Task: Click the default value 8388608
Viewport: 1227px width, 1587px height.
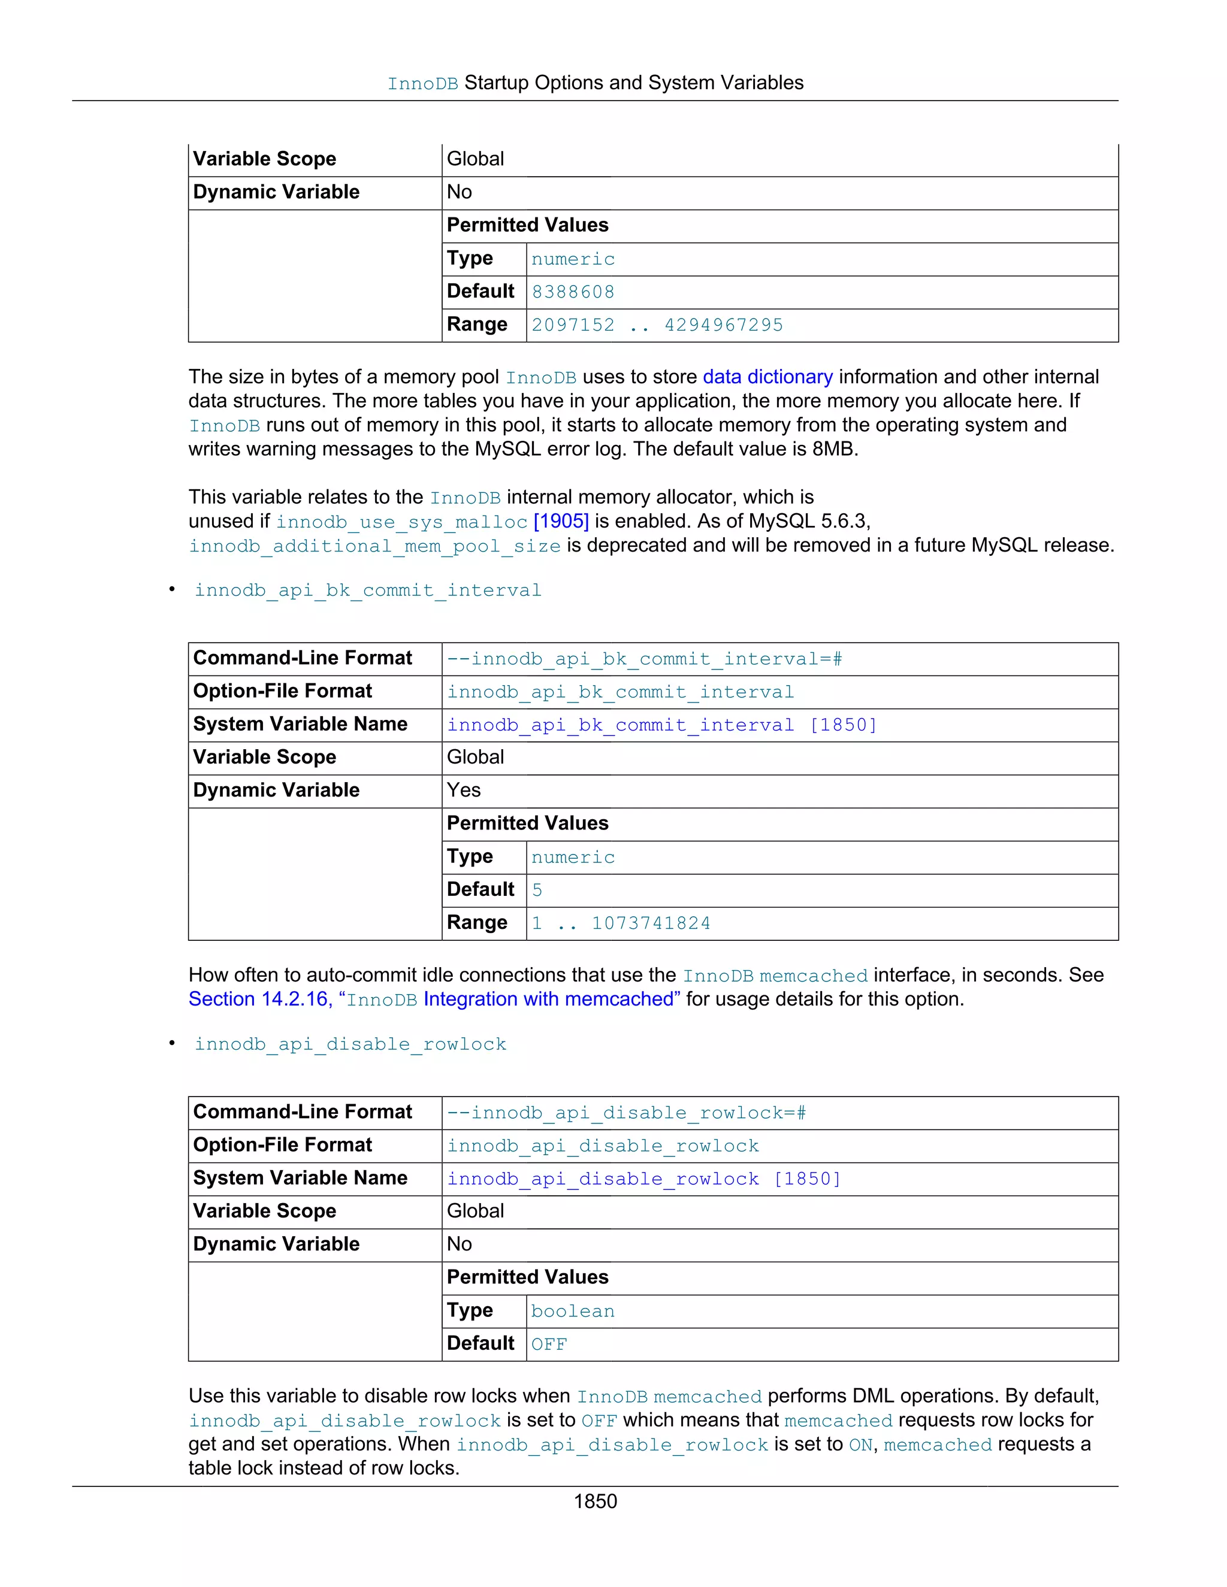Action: [x=573, y=292]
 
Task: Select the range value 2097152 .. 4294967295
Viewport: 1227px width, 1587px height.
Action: [x=657, y=325]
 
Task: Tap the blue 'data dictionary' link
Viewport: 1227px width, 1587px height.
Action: [x=767, y=377]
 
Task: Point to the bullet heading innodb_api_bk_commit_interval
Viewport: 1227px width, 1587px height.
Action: [x=368, y=590]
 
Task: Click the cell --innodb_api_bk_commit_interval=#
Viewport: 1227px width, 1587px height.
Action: [x=644, y=659]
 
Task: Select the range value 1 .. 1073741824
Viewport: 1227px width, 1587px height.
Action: [x=621, y=923]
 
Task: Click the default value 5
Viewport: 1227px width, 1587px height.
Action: [x=537, y=890]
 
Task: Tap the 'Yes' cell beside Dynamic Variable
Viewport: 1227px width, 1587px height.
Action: [x=464, y=790]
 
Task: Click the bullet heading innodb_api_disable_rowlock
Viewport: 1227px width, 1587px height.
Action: [x=350, y=1044]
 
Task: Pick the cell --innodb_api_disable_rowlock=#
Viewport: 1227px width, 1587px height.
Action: [x=626, y=1113]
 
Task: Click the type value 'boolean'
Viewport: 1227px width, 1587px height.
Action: [x=573, y=1311]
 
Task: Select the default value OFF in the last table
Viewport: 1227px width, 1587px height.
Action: [x=549, y=1344]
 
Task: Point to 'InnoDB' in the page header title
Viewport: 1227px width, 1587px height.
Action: [x=422, y=84]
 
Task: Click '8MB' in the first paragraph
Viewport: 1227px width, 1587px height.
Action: [x=834, y=449]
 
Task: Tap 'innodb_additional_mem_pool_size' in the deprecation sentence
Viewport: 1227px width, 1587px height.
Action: [x=374, y=546]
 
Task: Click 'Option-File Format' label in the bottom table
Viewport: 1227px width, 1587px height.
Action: [x=282, y=1145]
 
